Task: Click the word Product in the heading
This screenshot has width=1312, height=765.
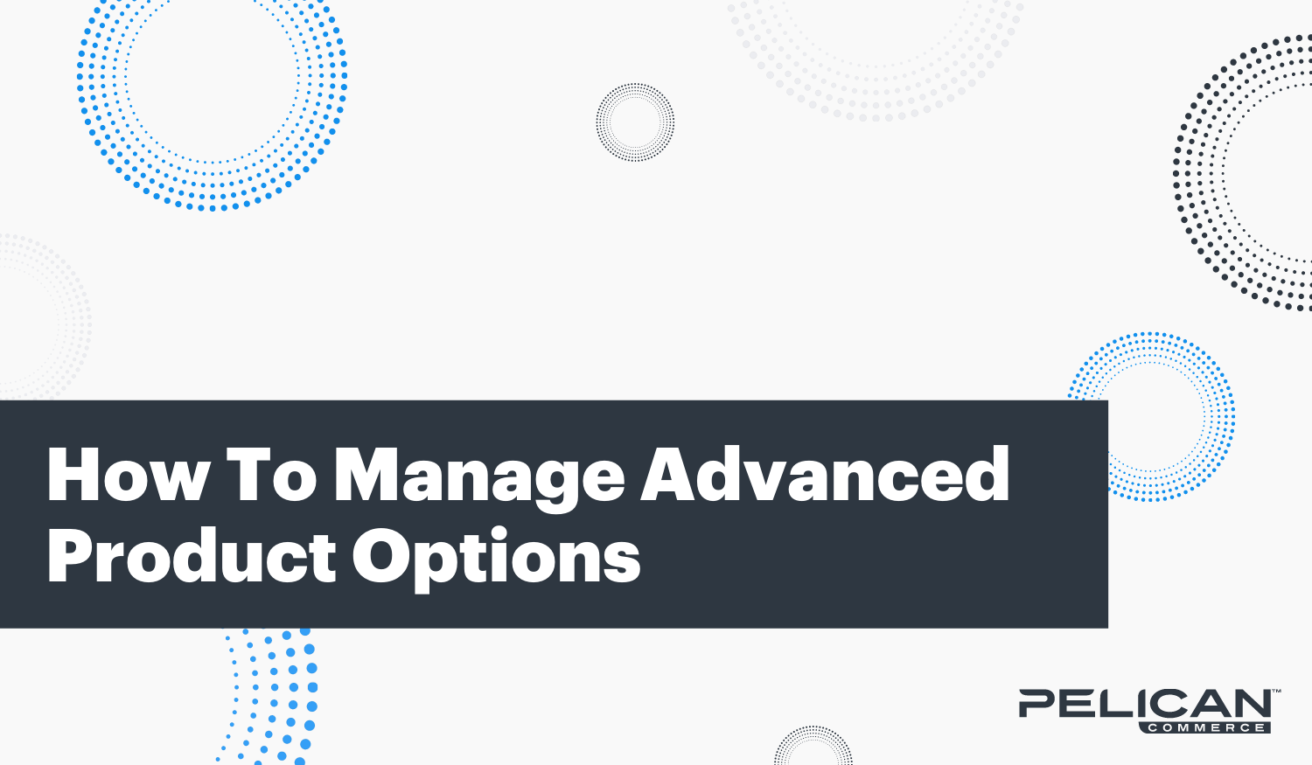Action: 192,557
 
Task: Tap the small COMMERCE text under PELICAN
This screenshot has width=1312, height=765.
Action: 1206,727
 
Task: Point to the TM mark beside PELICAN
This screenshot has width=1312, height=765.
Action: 1276,692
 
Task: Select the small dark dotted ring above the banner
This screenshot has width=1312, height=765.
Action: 635,122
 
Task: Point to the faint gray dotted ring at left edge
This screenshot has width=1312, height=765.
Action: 70,315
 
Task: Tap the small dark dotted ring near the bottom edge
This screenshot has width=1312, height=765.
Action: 813,743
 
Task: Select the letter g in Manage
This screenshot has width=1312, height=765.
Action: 543,481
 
